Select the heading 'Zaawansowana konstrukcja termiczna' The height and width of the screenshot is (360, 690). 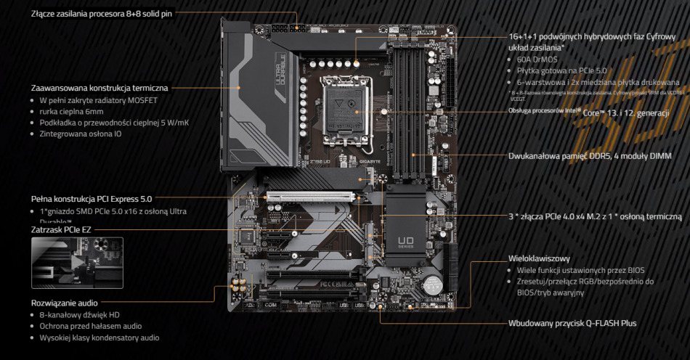tap(98, 88)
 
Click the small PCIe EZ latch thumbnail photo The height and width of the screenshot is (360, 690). tap(77, 263)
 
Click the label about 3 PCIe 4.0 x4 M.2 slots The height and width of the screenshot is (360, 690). tap(595, 216)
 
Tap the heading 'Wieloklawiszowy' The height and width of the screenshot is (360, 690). tap(538, 258)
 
